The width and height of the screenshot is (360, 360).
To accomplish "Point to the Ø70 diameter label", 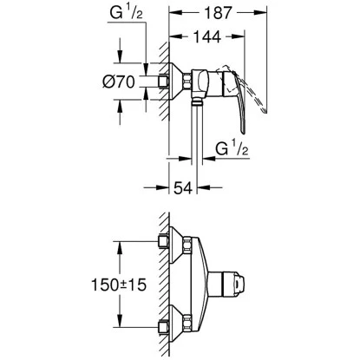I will click(114, 84).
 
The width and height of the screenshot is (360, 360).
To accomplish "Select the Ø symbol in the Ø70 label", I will click(103, 84).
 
